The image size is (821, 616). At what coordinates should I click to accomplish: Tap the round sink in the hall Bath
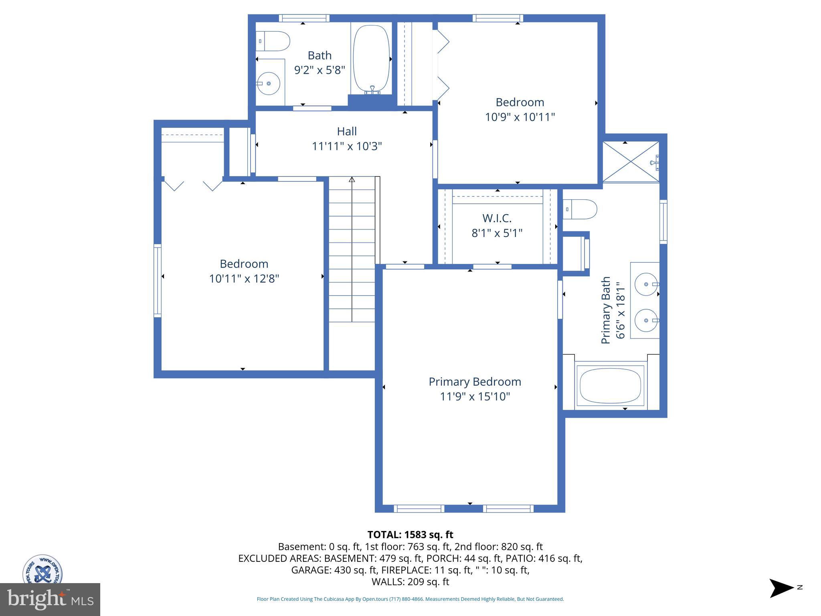(x=268, y=83)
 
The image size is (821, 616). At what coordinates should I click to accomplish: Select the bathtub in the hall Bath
(x=371, y=59)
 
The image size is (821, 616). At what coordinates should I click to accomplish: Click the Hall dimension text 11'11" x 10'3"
(x=347, y=146)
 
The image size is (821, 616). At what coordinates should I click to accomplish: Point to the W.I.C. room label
(x=497, y=218)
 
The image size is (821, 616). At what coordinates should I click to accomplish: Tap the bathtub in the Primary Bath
(x=611, y=386)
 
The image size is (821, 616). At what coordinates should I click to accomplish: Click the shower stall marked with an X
(x=631, y=162)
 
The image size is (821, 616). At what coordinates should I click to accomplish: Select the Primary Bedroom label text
(x=475, y=382)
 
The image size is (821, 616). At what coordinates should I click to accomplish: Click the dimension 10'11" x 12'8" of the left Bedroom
(x=244, y=279)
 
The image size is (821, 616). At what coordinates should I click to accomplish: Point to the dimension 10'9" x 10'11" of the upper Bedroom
(x=520, y=117)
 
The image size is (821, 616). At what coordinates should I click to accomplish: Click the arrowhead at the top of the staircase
(x=352, y=179)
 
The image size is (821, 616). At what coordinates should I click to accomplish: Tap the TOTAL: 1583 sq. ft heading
(x=410, y=535)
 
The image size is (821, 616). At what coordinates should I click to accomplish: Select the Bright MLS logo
(x=50, y=600)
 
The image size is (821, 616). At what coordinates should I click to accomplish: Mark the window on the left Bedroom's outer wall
(x=158, y=281)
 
